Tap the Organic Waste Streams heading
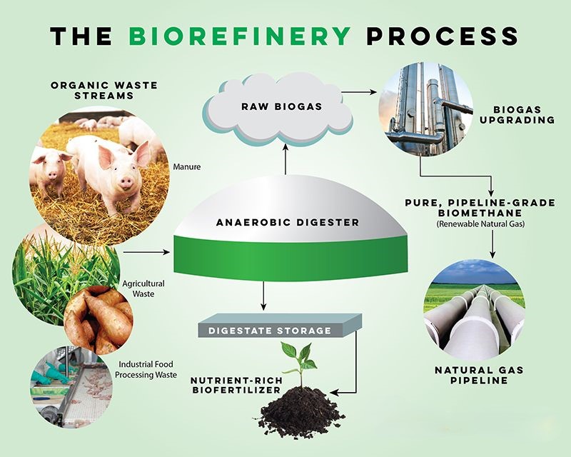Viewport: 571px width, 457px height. (104, 91)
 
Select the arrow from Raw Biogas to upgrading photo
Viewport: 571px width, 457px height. (360, 92)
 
